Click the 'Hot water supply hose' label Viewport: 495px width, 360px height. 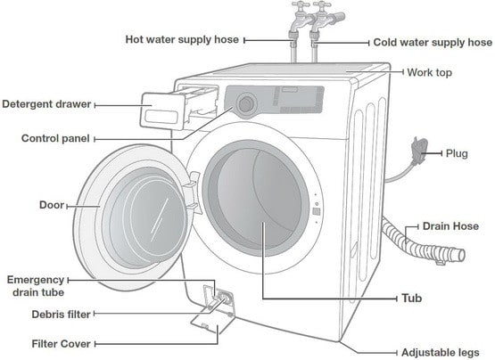point(182,40)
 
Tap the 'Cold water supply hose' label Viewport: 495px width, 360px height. point(433,43)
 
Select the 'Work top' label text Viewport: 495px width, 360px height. point(429,72)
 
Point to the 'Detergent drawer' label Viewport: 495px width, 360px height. point(46,104)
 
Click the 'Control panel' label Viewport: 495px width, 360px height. point(55,138)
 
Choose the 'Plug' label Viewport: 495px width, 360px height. point(457,154)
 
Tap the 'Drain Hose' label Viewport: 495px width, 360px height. point(450,226)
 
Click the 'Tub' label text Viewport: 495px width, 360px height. point(411,299)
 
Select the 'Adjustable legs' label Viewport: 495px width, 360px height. point(440,353)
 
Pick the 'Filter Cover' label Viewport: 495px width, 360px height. point(61,344)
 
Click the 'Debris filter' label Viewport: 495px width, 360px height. point(61,315)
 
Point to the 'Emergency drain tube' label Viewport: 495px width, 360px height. point(36,286)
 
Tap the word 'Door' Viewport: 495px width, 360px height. point(52,205)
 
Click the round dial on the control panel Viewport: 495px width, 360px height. point(246,103)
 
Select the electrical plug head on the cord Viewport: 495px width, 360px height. point(419,148)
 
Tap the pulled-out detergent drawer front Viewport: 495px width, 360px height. point(162,111)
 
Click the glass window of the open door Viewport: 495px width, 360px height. point(148,218)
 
